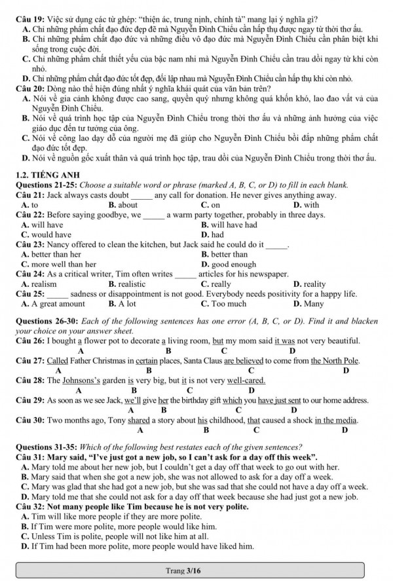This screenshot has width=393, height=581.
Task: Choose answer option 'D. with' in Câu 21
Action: (306, 205)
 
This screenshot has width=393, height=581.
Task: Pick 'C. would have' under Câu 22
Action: (47, 234)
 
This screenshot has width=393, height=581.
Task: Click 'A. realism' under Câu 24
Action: (39, 284)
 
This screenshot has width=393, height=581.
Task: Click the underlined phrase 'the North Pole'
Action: (335, 361)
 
